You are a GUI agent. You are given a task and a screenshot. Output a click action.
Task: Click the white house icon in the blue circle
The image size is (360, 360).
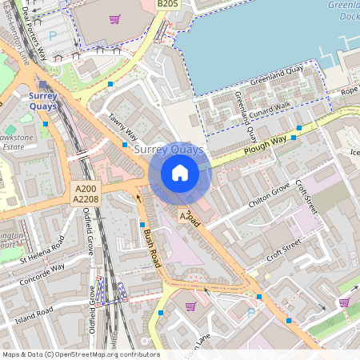[180, 173]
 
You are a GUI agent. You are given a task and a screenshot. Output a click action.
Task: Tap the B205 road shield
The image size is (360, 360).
[166, 5]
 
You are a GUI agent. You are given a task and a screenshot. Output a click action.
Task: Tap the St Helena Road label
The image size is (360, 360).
[42, 252]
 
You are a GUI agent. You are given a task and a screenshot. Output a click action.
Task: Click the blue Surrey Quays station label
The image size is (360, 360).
[42, 101]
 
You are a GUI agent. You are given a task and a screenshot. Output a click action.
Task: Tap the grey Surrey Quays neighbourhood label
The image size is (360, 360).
[168, 150]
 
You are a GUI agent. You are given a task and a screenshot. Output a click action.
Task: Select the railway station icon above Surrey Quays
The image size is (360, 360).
[42, 84]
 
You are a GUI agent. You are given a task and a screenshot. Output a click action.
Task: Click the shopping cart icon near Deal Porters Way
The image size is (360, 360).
[114, 19]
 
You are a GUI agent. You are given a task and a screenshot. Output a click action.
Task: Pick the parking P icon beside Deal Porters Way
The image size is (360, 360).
[53, 35]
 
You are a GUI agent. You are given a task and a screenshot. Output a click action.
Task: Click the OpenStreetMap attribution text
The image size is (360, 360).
[80, 354]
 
